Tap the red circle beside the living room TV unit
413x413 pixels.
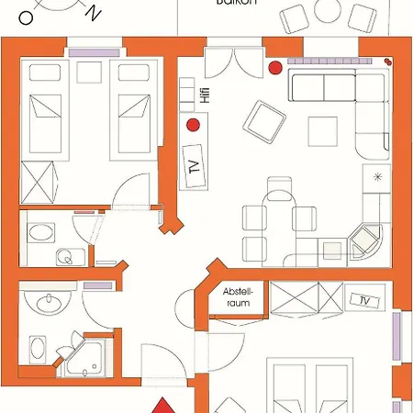tap(193, 124)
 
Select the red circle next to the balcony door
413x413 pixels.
tap(273, 66)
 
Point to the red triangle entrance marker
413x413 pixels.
tap(162, 405)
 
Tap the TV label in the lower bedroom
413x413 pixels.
tap(363, 301)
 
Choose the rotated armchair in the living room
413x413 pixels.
tap(264, 121)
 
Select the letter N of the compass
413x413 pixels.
tap(93, 12)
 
